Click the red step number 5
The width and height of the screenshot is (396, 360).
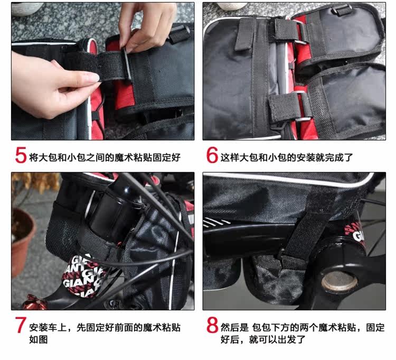tap(21, 155)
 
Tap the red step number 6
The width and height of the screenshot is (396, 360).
tap(212, 155)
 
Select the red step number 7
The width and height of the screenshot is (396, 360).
tap(21, 325)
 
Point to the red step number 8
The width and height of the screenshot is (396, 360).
tap(212, 325)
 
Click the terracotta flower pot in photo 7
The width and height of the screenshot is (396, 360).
tap(22, 240)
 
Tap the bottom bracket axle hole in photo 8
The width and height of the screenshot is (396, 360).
tap(339, 282)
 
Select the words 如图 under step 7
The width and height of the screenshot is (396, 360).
tap(39, 339)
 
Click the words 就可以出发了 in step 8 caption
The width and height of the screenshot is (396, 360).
tap(277, 339)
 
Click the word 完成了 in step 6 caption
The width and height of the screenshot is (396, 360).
tap(339, 158)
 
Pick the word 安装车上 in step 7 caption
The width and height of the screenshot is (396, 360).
tap(48, 327)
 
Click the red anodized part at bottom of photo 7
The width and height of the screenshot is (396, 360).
tap(32, 302)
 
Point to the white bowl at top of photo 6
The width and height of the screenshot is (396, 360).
tap(232, 6)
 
